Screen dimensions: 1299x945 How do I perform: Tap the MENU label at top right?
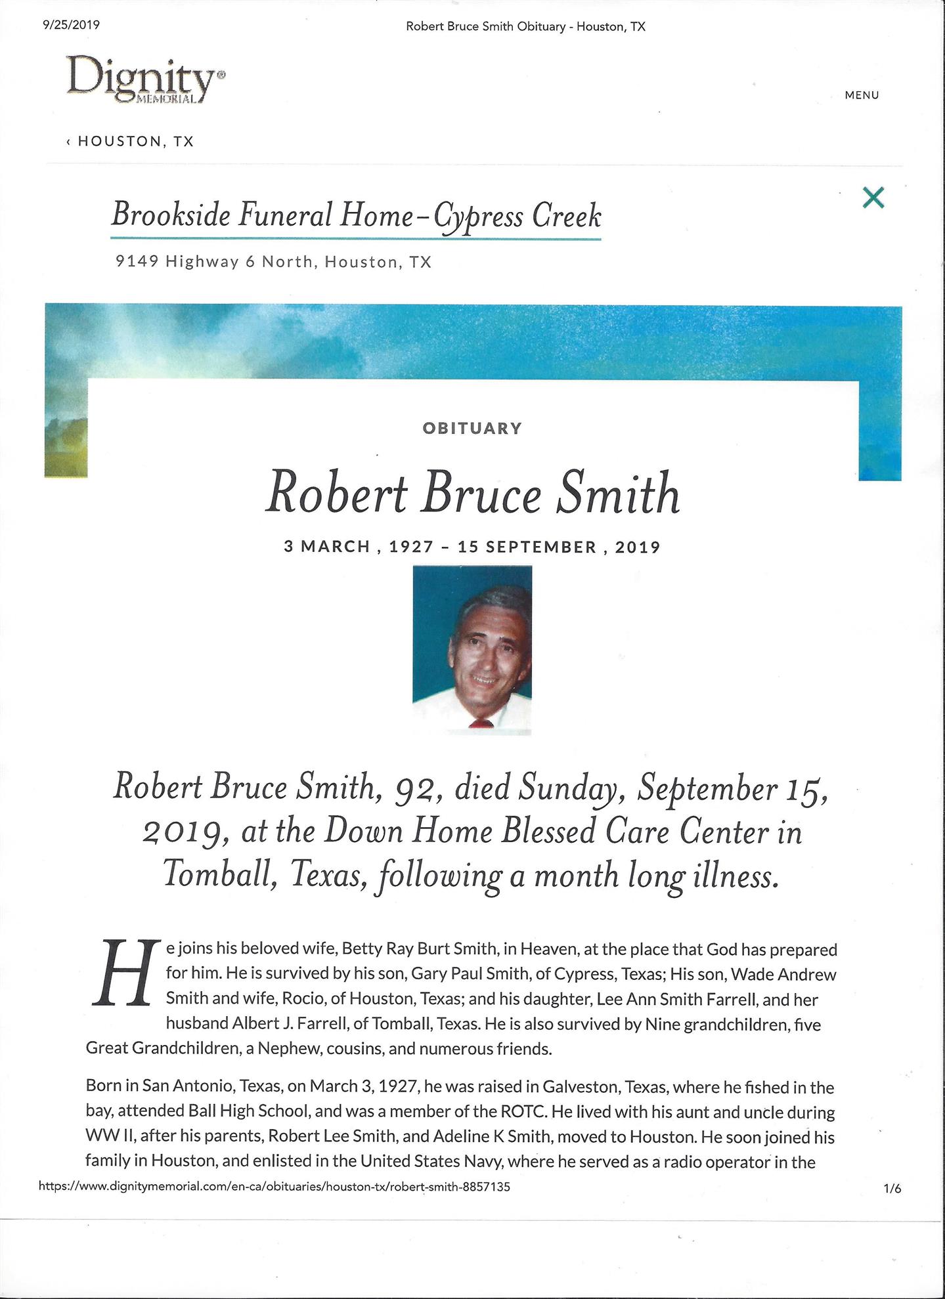862,95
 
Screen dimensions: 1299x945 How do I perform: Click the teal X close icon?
873,198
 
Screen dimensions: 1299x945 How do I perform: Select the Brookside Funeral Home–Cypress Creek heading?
356,215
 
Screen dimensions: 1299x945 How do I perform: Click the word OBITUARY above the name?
472,429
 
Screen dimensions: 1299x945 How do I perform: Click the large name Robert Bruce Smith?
472,494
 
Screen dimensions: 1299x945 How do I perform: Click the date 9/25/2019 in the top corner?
70,26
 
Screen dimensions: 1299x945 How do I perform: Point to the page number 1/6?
892,1188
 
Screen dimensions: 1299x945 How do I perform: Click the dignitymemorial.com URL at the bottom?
275,1187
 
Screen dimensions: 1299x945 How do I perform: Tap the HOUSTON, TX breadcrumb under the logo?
135,142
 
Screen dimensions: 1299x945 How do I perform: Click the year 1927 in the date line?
412,547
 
